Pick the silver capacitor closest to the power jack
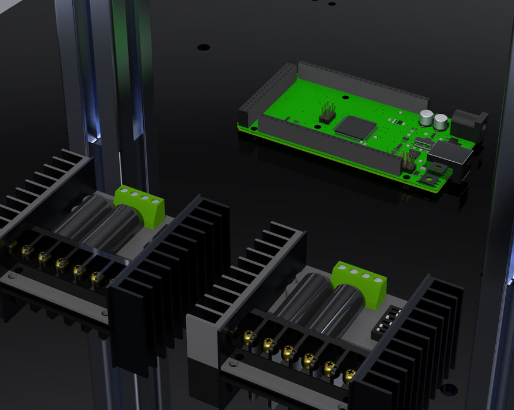[x=441, y=122]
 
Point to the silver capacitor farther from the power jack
[x=426, y=117]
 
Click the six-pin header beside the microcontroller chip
[x=327, y=113]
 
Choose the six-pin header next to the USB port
[x=407, y=161]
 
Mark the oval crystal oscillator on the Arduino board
[x=422, y=143]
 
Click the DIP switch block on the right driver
[x=385, y=323]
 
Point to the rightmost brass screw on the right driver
[x=350, y=374]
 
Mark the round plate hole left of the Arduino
[x=203, y=46]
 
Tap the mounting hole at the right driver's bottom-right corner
[x=449, y=389]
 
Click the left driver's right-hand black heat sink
[x=170, y=276]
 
